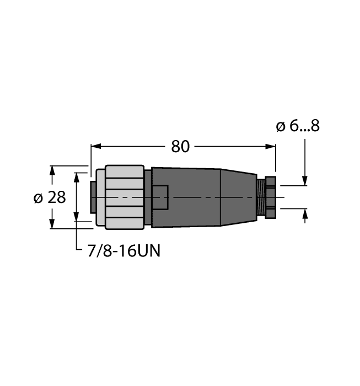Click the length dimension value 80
(180, 146)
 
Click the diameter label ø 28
(50, 197)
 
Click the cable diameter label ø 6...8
(298, 126)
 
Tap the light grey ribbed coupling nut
(122, 197)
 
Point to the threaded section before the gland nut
(261, 197)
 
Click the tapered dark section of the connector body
(238, 197)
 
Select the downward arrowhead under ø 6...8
(305, 181)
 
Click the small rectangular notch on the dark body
(160, 197)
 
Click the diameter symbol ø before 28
(38, 197)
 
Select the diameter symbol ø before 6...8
(280, 127)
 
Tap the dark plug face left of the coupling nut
(93, 196)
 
